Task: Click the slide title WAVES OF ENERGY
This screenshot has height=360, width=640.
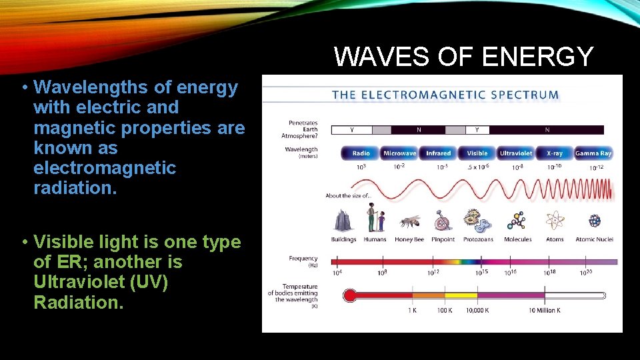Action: [x=463, y=57]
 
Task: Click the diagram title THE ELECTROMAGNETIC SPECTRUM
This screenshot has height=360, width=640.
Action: [x=445, y=94]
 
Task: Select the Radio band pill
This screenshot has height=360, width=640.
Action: [x=361, y=153]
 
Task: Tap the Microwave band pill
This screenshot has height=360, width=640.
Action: [x=399, y=153]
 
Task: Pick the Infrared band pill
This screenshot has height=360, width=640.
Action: [x=438, y=153]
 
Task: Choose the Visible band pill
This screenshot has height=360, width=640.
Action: [x=477, y=153]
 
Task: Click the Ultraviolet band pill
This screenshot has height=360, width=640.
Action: [x=516, y=153]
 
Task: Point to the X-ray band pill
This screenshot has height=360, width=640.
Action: [x=554, y=153]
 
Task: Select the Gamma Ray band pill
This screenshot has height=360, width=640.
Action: [x=593, y=153]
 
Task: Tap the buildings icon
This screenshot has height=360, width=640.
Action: [x=344, y=221]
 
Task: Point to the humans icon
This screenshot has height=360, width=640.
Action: [x=375, y=219]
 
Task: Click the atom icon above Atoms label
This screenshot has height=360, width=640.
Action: [x=555, y=221]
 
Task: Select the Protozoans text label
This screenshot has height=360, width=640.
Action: [x=478, y=239]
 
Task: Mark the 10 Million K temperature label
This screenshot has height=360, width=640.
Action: [x=544, y=310]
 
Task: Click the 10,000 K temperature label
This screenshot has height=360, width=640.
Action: [x=477, y=310]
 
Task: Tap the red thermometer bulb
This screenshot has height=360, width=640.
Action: [x=349, y=295]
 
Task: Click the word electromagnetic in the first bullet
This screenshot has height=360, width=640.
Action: [x=105, y=168]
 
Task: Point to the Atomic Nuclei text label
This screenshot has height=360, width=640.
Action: [x=594, y=239]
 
